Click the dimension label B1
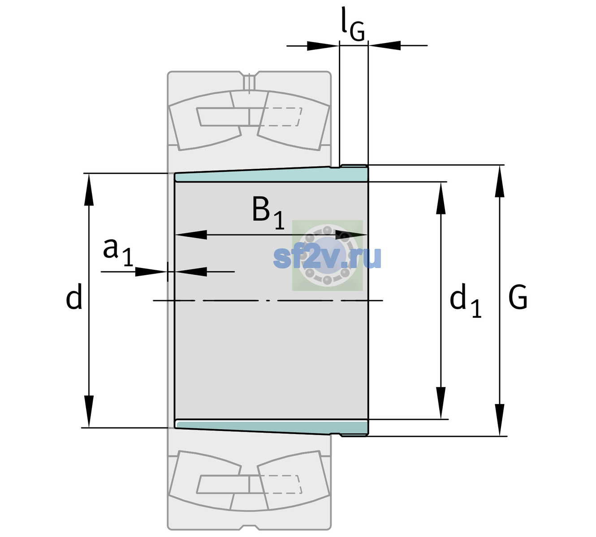(268, 213)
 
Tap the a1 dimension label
(118, 252)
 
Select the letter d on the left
(73, 296)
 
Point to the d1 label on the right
(465, 300)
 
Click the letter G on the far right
(518, 297)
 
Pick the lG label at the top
(353, 24)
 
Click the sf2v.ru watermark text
(327, 257)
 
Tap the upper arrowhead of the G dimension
(500, 181)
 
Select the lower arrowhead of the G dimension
(500, 420)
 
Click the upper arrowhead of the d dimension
(89, 189)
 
